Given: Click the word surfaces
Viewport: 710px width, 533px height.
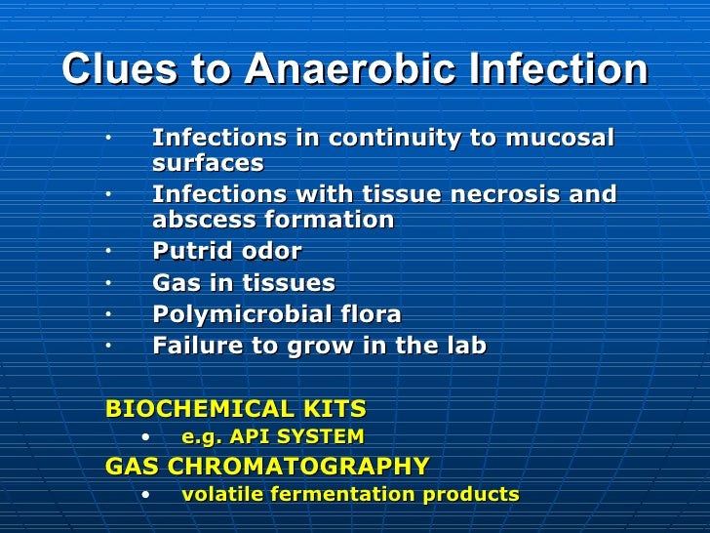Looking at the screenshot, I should pyautogui.click(x=208, y=163).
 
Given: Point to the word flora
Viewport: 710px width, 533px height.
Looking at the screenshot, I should pyautogui.click(x=369, y=314).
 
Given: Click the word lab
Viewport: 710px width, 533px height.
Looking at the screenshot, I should pyautogui.click(x=464, y=346).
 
